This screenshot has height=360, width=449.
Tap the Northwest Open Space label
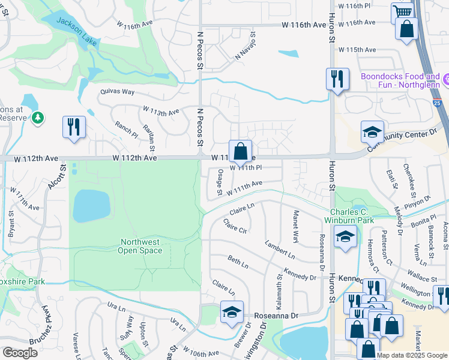point(140,246)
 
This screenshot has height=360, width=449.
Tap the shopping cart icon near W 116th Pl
point(402,12)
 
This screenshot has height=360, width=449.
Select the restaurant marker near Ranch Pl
point(74,127)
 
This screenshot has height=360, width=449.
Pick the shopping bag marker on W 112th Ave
point(240,151)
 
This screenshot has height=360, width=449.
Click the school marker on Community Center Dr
point(372,131)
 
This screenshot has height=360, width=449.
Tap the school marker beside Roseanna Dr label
point(232,311)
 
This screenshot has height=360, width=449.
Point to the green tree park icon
point(38,117)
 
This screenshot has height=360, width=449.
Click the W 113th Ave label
point(161,112)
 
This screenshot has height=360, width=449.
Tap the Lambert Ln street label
point(279,250)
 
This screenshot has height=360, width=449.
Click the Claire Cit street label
point(235,227)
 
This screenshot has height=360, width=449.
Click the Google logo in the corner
point(20,353)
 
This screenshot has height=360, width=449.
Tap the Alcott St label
point(52,190)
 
